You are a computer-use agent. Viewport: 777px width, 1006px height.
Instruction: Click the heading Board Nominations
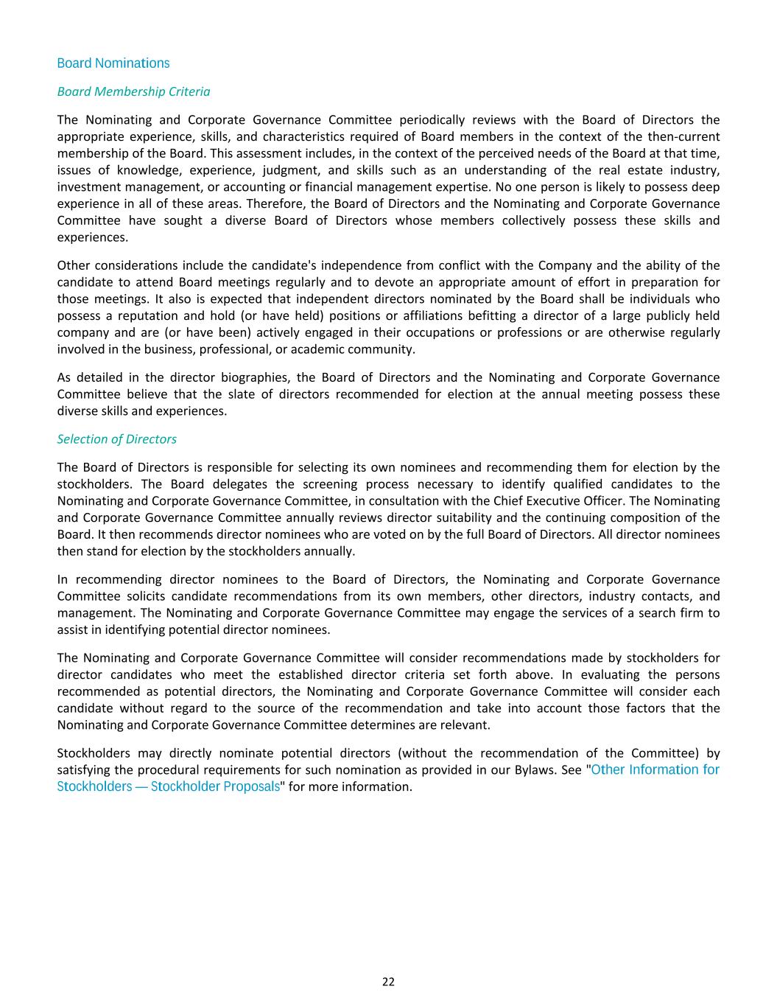pos(113,63)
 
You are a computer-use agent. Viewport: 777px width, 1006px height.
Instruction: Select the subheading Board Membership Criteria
pos(133,91)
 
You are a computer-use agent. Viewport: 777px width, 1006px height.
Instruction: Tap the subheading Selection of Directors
pos(116,439)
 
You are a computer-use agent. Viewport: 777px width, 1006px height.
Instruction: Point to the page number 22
pos(388,982)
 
